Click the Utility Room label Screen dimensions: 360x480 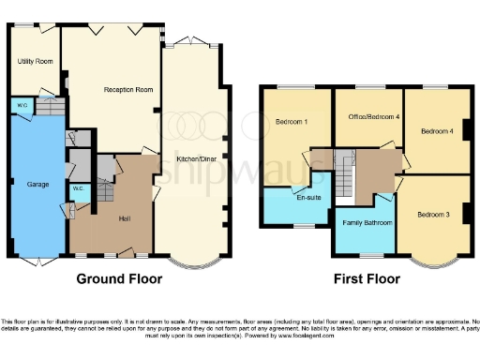(x=36, y=62)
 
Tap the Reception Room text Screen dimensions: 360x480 (x=127, y=90)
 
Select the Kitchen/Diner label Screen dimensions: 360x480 (x=194, y=160)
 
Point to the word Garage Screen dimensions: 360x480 (x=37, y=185)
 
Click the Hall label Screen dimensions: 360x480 (x=126, y=218)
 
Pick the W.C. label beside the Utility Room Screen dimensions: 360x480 (x=22, y=105)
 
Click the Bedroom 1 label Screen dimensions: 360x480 (x=292, y=122)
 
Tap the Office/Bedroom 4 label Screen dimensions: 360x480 (x=368, y=116)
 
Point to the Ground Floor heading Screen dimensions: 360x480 (x=119, y=278)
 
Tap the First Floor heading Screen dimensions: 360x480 (x=367, y=278)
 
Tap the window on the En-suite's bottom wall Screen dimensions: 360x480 (x=302, y=225)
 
